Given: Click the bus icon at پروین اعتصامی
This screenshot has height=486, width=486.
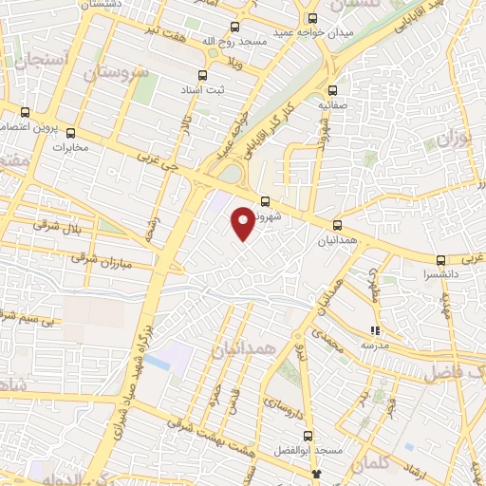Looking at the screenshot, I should tap(26, 111).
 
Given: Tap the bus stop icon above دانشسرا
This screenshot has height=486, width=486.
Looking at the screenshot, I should tap(440, 259).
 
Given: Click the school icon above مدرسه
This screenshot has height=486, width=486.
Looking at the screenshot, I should tap(375, 330).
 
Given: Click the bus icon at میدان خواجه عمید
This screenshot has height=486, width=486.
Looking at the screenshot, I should tap(314, 18).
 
